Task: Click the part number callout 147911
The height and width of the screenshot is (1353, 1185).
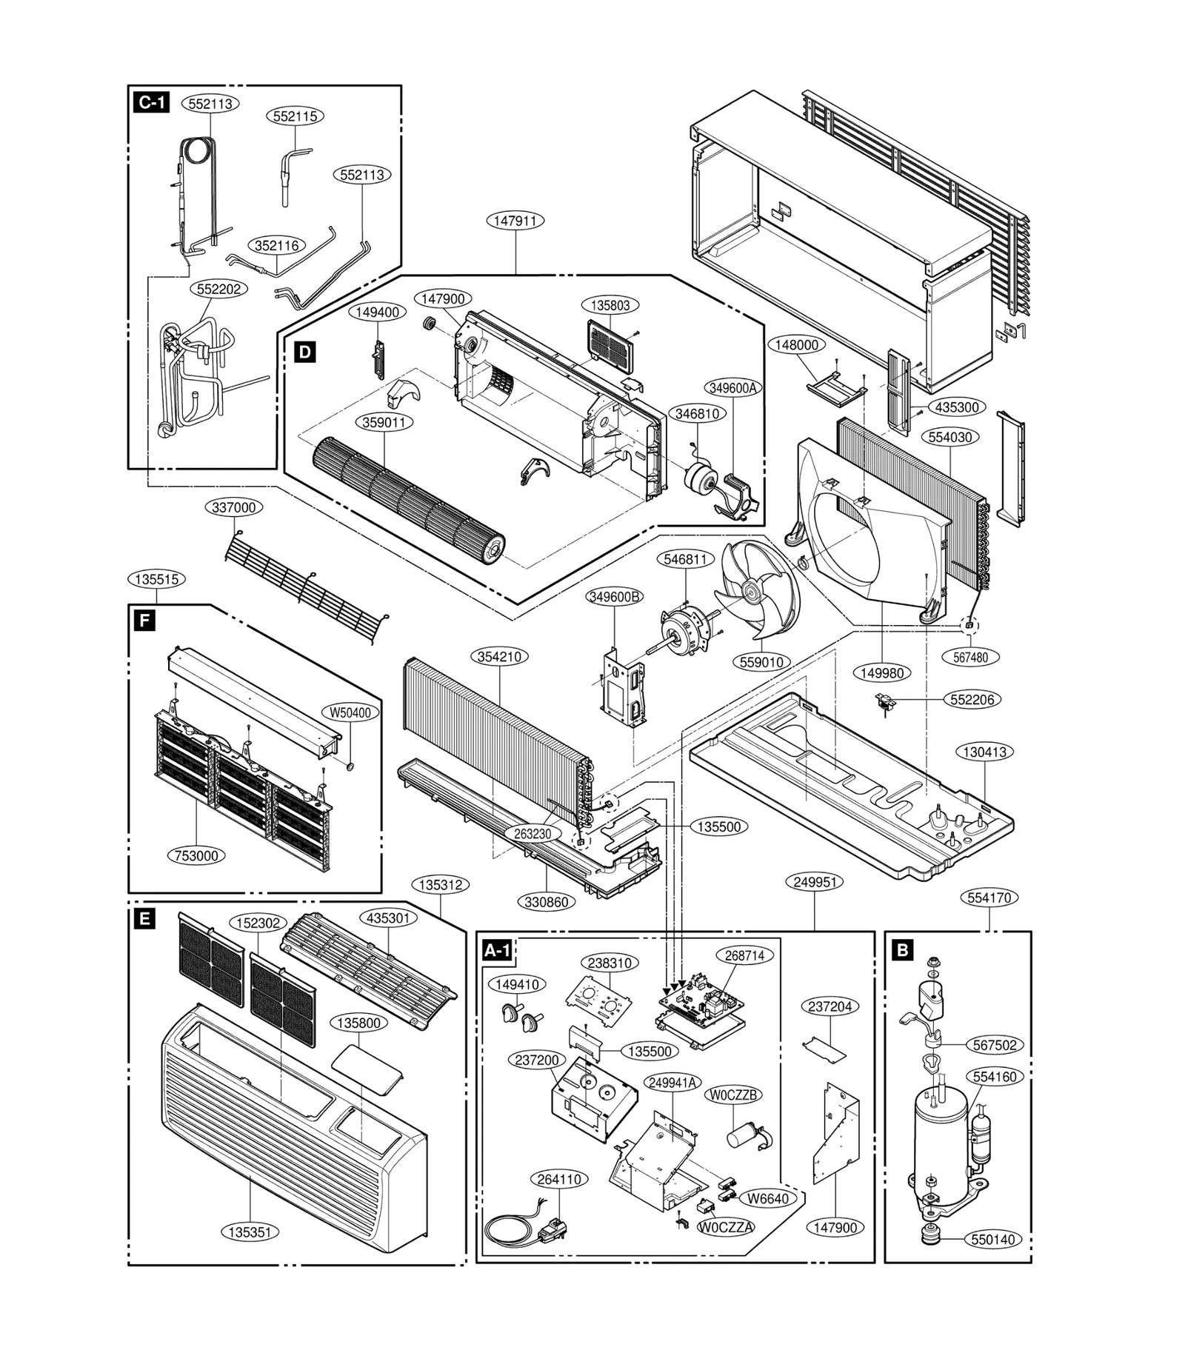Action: click(515, 221)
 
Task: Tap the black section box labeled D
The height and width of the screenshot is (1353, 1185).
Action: click(304, 352)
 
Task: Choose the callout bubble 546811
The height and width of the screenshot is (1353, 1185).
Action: click(685, 559)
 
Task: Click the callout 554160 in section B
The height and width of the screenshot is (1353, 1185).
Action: click(995, 1077)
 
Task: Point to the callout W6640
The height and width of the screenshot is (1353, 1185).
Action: click(767, 1198)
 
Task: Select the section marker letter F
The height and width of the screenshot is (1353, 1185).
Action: click(142, 621)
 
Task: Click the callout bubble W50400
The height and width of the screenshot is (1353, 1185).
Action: click(350, 712)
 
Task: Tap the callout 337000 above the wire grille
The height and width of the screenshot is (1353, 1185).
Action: click(234, 507)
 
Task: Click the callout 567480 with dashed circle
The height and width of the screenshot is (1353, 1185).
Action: click(970, 657)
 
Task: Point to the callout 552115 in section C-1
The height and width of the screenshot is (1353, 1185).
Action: click(295, 116)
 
